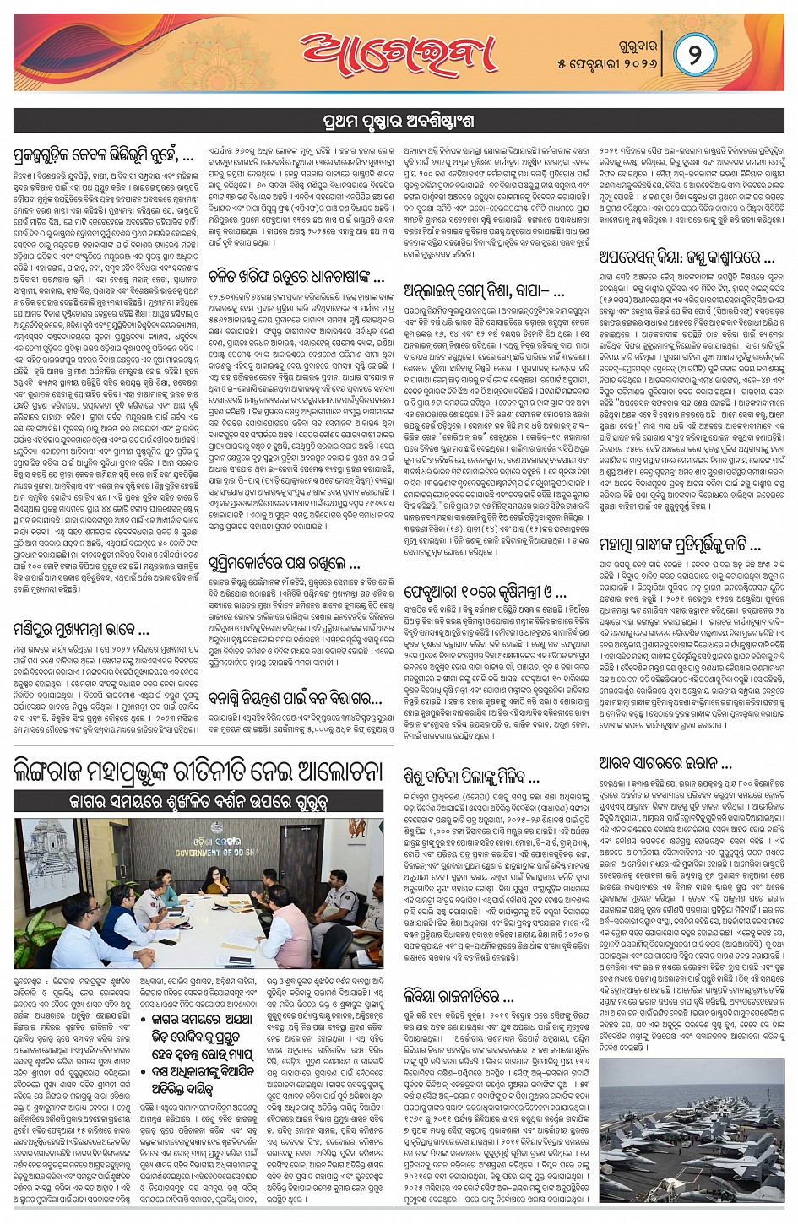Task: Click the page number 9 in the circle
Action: click(x=694, y=57)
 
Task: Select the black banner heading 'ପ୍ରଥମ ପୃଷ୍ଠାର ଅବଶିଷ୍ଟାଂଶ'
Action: click(x=399, y=121)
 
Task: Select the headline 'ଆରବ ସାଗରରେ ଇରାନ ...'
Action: click(x=665, y=763)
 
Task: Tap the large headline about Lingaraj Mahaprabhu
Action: click(x=198, y=771)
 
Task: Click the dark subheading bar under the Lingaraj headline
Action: click(x=198, y=799)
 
